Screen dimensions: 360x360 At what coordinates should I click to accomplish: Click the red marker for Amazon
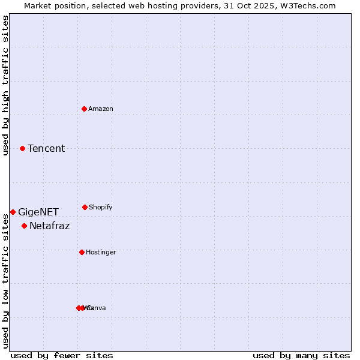(84, 109)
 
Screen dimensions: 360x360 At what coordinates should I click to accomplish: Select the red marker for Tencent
(22, 148)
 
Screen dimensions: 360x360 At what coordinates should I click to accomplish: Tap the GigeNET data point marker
(13, 212)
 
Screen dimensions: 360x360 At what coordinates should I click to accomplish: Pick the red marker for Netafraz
(24, 226)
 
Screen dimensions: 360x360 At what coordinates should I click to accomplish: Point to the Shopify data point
(85, 207)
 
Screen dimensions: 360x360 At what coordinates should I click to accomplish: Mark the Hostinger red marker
(82, 252)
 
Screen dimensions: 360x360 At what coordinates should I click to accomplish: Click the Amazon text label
(101, 109)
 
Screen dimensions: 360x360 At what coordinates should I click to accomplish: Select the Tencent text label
(46, 148)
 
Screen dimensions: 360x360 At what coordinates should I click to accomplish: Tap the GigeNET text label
(38, 212)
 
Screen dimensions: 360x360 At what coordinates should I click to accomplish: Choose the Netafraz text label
(50, 226)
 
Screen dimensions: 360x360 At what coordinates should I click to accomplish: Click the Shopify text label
(101, 207)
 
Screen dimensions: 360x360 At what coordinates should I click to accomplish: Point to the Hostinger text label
(101, 252)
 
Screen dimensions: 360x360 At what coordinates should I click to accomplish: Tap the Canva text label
(97, 308)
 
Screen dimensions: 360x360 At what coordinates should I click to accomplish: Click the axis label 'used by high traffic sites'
(6, 85)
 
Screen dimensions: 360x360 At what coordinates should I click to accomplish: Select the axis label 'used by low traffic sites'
(6, 281)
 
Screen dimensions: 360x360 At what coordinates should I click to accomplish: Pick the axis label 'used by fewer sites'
(62, 355)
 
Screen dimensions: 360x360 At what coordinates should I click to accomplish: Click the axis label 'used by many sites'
(301, 355)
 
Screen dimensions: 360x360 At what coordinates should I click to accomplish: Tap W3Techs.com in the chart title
(307, 5)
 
